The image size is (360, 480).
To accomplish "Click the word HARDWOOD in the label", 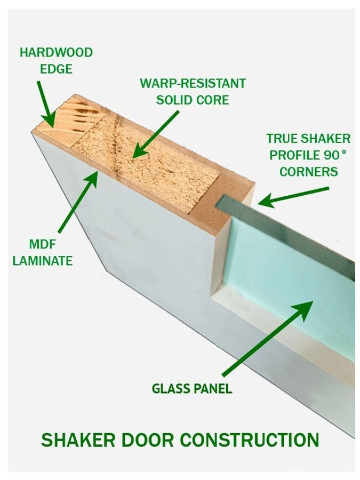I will tap(56, 53).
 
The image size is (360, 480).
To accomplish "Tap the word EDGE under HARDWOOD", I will tap(56, 69).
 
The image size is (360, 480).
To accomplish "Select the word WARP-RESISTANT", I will tap(193, 84).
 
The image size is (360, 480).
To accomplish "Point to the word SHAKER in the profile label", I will tap(324, 139).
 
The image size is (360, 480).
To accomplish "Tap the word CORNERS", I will tap(309, 172).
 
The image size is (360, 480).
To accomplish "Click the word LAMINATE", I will tap(43, 261).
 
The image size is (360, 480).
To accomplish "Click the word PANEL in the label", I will tap(213, 388).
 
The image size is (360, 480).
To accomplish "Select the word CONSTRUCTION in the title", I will tap(249, 441).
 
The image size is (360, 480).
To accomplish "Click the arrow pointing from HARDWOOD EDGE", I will tap(46, 105).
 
